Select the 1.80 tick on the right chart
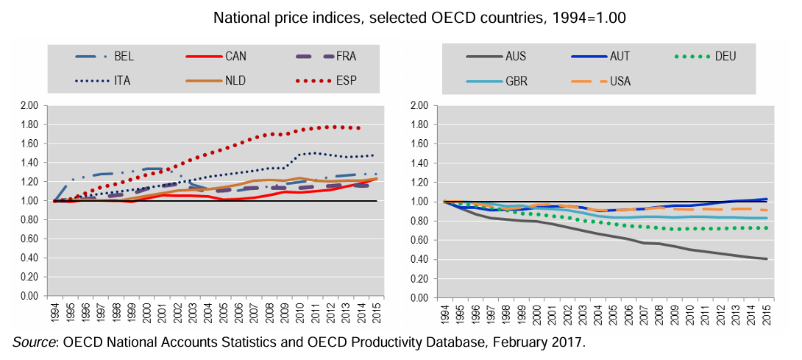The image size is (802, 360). [418, 124]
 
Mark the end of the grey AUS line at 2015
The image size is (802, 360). [767, 258]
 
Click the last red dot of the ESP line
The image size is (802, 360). [358, 128]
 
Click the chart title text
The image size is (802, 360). [401, 16]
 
